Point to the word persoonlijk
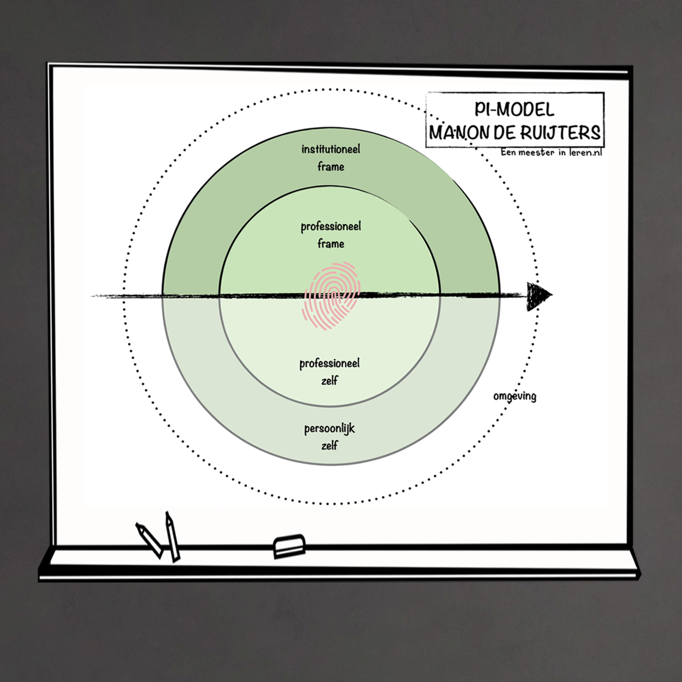click(330, 429)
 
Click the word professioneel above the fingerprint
click(331, 227)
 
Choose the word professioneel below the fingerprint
click(330, 364)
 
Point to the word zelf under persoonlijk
click(329, 445)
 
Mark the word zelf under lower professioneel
click(329, 380)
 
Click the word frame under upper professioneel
click(331, 243)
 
